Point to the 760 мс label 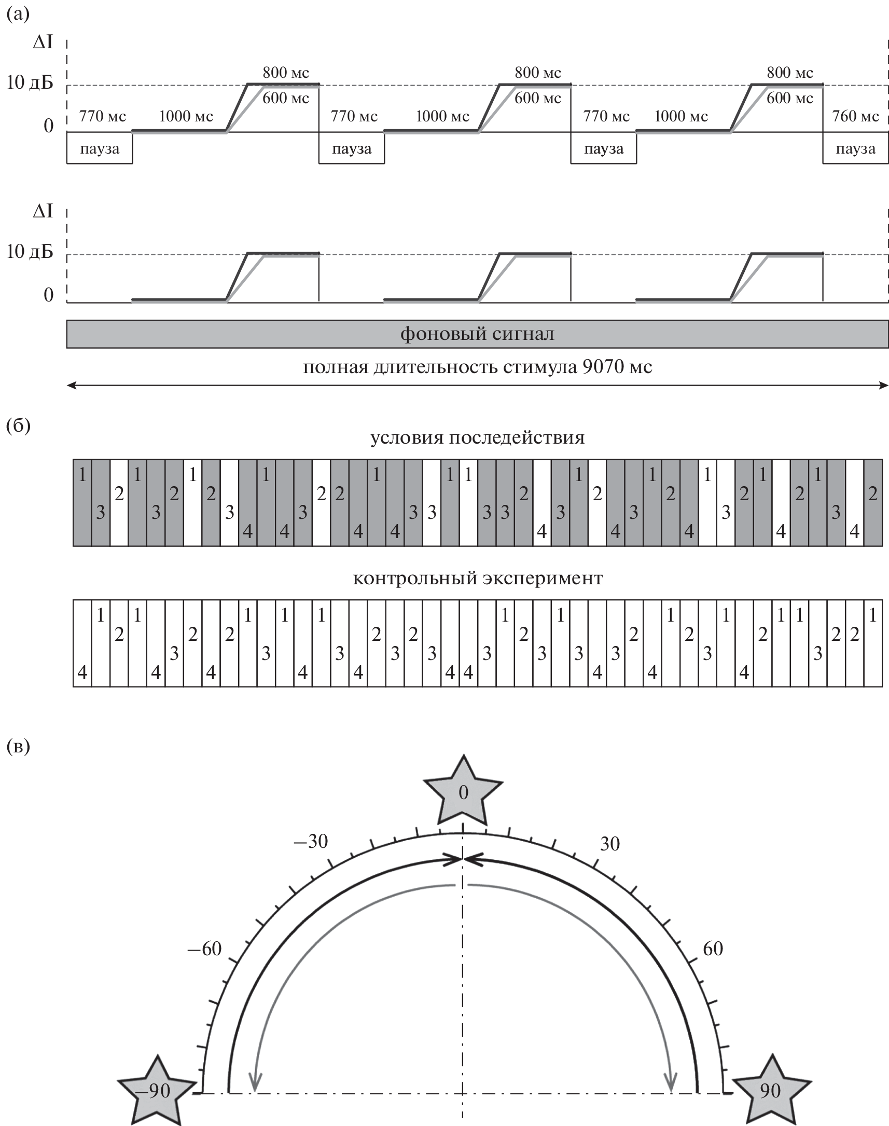point(855,116)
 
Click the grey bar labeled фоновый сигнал point(477,334)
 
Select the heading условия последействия point(477,437)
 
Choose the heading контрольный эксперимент point(477,578)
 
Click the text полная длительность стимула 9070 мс point(477,367)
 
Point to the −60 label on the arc point(204,949)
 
